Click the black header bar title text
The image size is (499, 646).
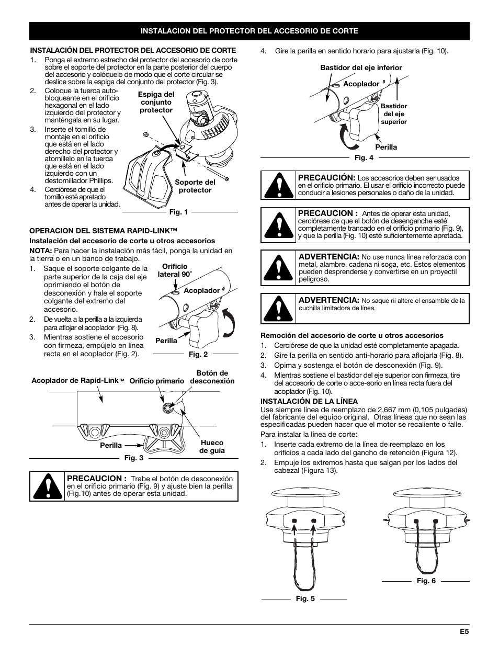[249, 31]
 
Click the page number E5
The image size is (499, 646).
[464, 631]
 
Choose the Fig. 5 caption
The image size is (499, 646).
[305, 598]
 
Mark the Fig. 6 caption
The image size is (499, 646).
[426, 581]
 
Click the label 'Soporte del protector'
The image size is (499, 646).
[195, 186]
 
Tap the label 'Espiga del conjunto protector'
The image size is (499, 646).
[156, 103]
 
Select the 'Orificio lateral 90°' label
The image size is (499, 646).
[175, 270]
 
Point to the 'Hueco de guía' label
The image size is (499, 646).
[212, 446]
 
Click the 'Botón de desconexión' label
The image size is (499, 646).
[212, 377]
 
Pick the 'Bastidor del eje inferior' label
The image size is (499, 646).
[361, 67]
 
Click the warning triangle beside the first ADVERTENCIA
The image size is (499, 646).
[278, 268]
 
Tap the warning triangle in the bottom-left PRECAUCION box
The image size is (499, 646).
[47, 486]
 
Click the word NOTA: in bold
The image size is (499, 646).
[40, 251]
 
